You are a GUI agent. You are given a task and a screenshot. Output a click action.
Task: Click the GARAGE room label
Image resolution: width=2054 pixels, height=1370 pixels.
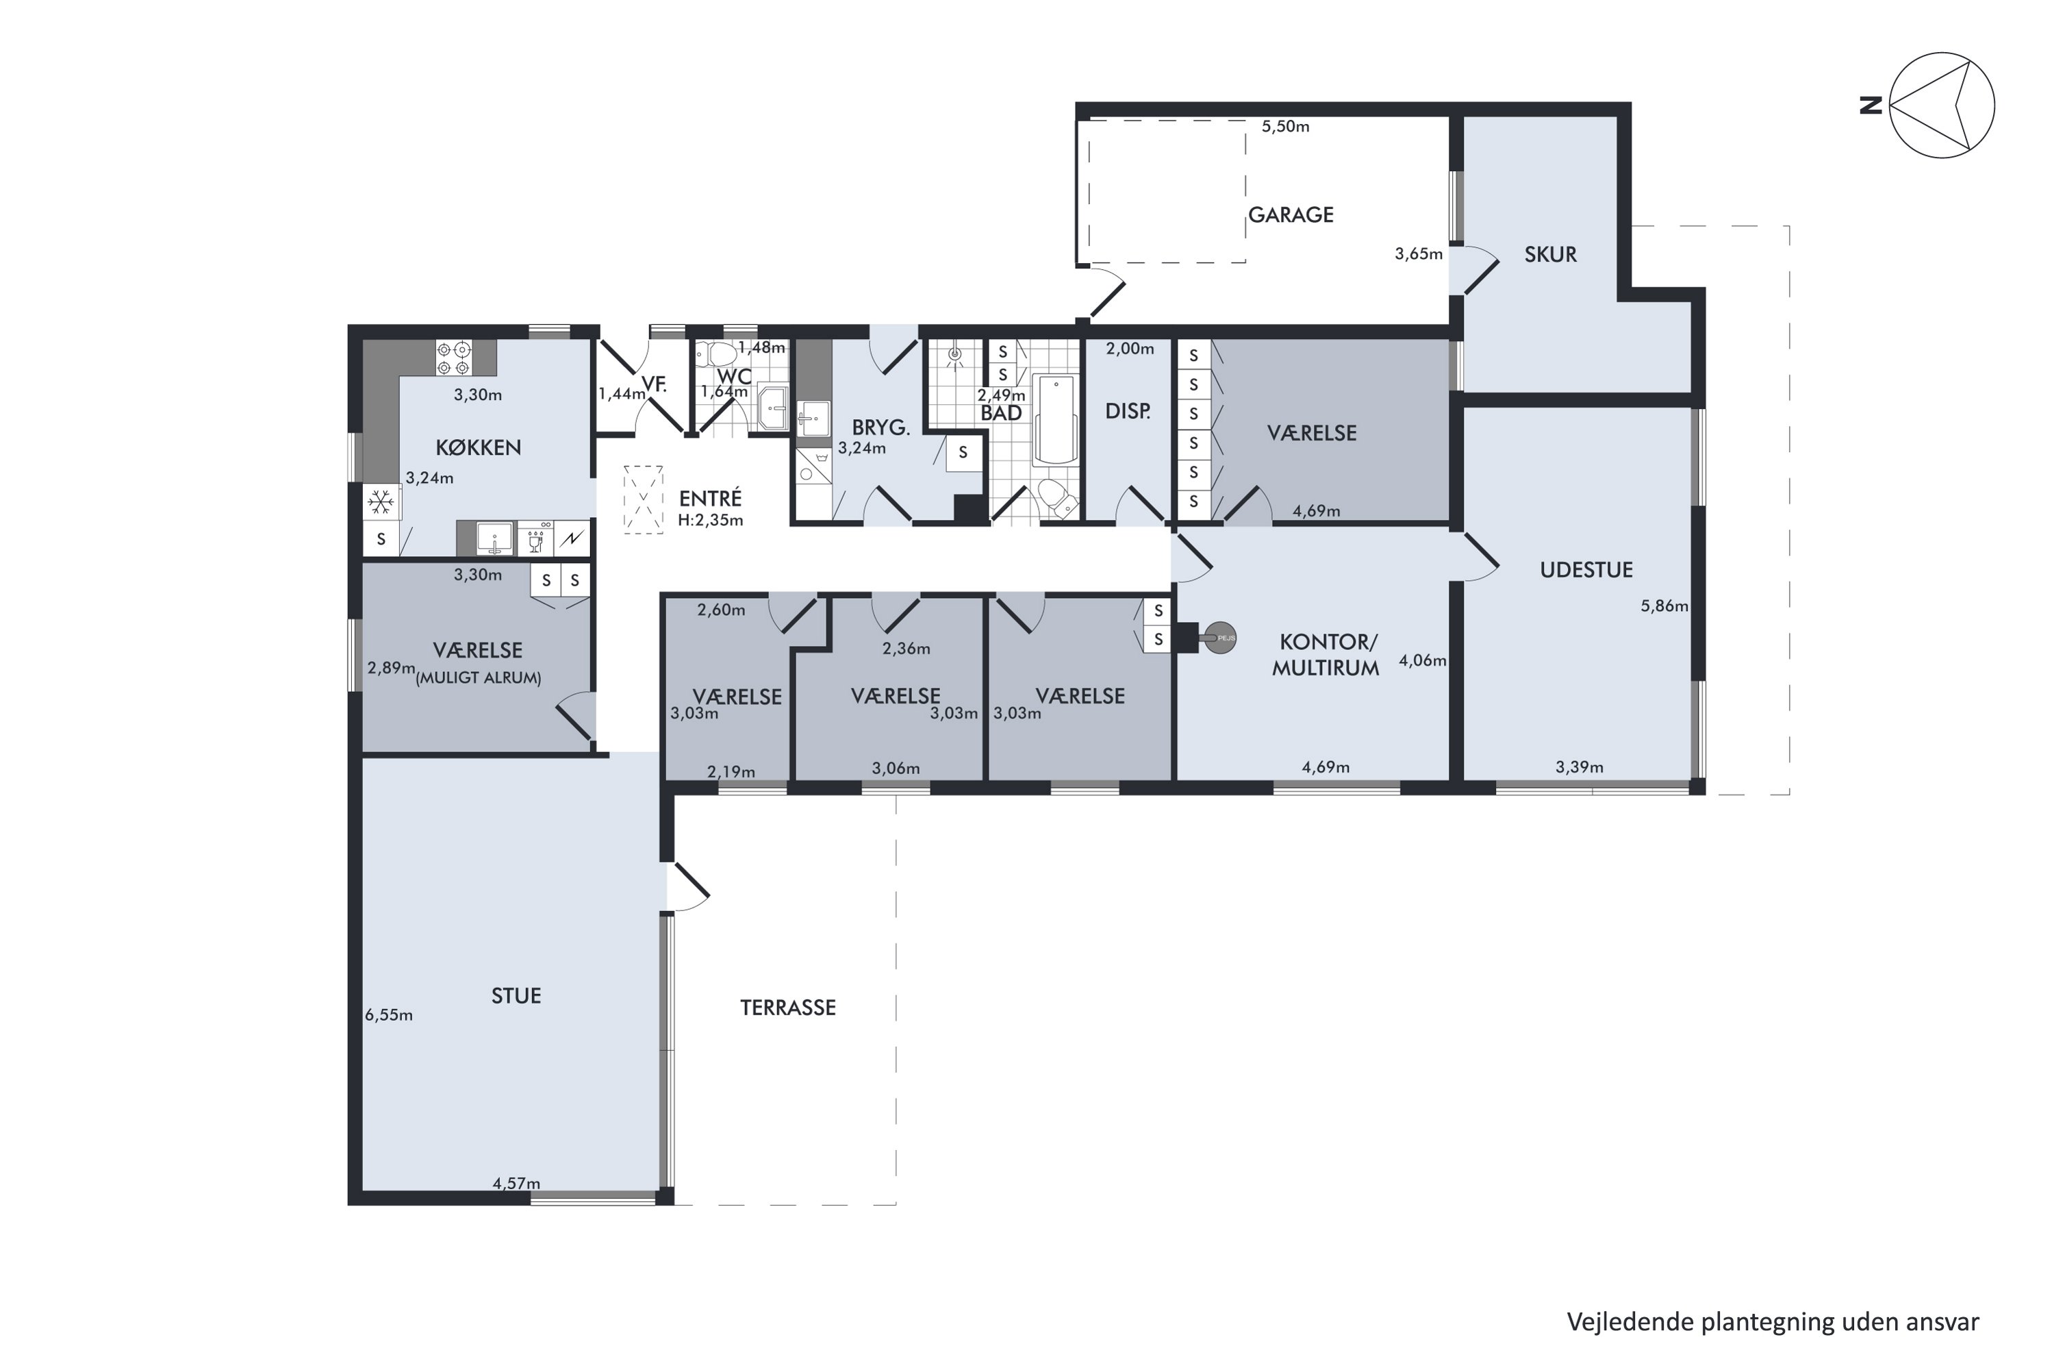[x=1291, y=215]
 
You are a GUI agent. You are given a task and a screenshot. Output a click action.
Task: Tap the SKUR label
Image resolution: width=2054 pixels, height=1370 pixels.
[x=1550, y=254]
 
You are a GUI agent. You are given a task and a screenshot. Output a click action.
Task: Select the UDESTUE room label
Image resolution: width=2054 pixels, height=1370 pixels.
[x=1586, y=570]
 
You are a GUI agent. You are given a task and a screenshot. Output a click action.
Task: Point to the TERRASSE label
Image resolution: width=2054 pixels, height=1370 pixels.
[x=788, y=1008]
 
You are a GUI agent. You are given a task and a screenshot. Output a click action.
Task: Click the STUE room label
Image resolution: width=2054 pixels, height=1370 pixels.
[x=516, y=995]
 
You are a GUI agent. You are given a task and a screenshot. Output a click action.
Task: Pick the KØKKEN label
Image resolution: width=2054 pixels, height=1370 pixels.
[x=479, y=447]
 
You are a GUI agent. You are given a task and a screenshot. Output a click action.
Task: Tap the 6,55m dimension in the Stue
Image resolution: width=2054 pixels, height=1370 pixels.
[x=389, y=1014]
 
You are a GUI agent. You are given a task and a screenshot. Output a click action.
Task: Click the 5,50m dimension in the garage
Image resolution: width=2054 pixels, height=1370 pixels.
[x=1286, y=126]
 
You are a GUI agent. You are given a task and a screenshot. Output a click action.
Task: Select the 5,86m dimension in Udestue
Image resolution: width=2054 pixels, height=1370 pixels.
[x=1664, y=606]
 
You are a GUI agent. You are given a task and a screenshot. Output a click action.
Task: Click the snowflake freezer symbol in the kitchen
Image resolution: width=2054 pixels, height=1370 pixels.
[x=381, y=502]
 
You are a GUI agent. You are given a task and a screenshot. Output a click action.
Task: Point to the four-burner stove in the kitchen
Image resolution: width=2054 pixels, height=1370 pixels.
[x=454, y=358]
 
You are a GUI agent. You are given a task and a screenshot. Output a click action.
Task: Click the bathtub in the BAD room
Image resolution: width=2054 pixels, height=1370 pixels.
[x=1056, y=421]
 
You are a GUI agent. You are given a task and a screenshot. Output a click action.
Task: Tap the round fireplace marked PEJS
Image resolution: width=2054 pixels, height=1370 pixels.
[x=1220, y=638]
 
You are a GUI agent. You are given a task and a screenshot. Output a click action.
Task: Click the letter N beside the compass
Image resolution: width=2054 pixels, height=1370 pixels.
[x=1871, y=105]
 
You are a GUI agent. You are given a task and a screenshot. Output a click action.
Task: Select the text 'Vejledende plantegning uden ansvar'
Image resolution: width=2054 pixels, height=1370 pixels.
[x=1773, y=1322]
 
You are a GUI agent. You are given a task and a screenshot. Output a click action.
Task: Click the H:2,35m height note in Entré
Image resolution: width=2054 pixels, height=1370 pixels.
[x=710, y=520]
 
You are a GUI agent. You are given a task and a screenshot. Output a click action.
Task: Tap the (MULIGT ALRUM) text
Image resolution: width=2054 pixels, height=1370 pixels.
[x=479, y=678]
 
